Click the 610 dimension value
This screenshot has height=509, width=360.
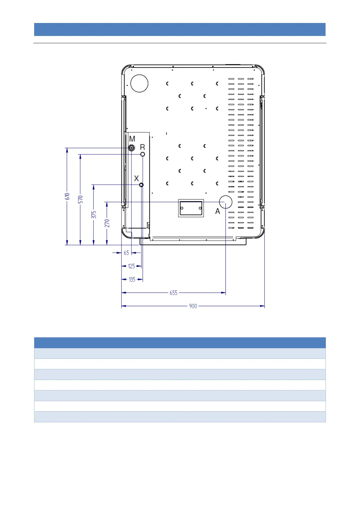[67, 196]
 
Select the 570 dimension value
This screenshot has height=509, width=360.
[80, 199]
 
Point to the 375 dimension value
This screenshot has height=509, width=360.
[94, 215]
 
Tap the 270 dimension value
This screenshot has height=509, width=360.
[107, 223]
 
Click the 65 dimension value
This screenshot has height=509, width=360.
[126, 253]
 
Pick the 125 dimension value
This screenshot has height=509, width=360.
[131, 266]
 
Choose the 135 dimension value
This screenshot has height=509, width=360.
[132, 280]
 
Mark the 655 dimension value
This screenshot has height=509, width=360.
[174, 293]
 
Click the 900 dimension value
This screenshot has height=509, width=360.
[193, 306]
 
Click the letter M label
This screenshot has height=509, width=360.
[132, 139]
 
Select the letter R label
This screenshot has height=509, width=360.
[142, 147]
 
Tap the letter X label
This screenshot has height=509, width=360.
[136, 178]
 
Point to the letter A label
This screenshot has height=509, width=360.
[218, 211]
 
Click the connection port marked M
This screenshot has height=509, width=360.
[131, 148]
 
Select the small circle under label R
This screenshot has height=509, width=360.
[142, 154]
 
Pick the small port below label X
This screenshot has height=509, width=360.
[141, 185]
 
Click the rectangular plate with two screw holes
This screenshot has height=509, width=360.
[191, 208]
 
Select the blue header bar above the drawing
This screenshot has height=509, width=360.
[180, 30]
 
